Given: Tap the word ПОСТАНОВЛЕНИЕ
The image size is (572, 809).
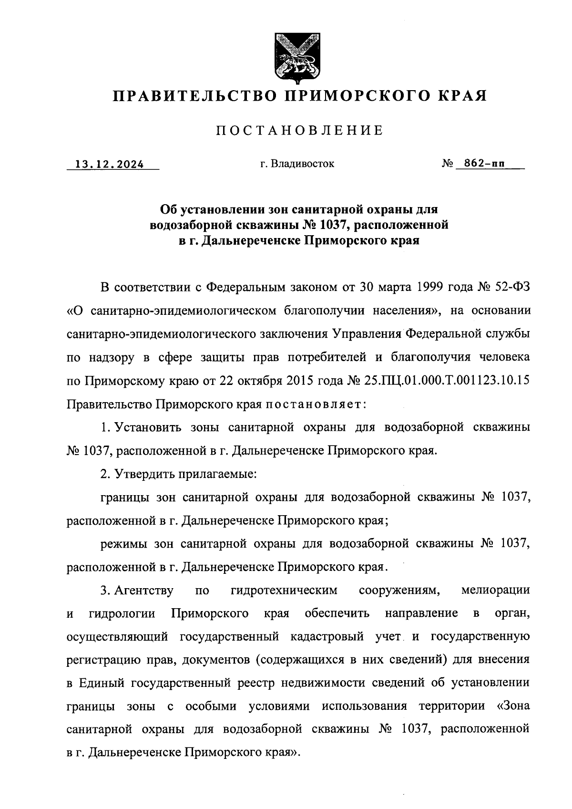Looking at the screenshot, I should click(300, 131).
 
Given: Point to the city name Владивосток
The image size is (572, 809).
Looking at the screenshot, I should click(302, 164).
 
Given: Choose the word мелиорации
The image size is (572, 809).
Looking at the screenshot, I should click(496, 591).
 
